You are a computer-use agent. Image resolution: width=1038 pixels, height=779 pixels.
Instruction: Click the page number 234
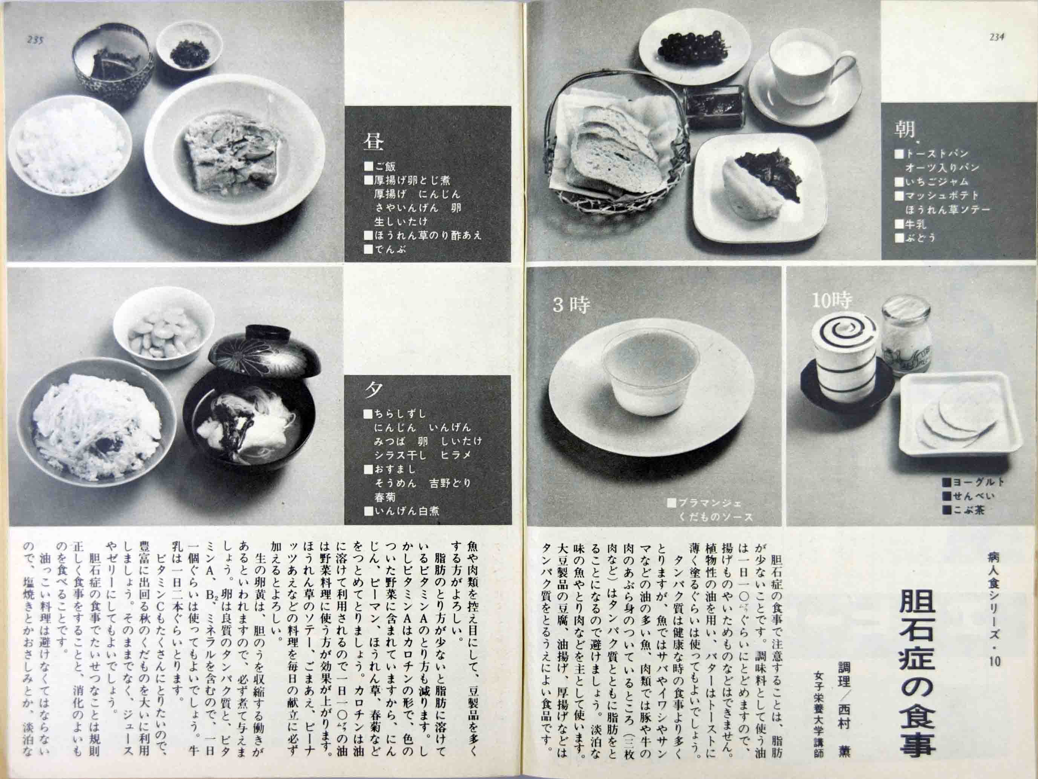point(996,38)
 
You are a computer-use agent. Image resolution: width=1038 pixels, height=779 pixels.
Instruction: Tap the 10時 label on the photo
point(831,301)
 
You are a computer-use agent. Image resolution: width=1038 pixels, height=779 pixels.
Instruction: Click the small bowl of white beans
point(159,333)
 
